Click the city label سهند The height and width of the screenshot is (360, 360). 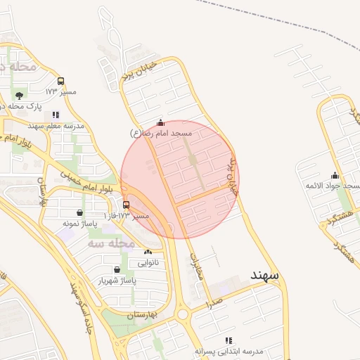click(x=264, y=275)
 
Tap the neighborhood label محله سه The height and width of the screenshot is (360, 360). click(x=111, y=243)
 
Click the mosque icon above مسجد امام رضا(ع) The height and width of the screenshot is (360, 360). click(x=160, y=122)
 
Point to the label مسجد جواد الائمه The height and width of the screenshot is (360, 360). click(x=333, y=185)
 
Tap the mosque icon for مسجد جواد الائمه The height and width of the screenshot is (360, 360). click(x=335, y=175)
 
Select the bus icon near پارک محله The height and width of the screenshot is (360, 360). click(x=61, y=81)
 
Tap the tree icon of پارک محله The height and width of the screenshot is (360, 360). click(x=18, y=95)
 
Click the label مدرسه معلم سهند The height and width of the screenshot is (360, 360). click(x=56, y=125)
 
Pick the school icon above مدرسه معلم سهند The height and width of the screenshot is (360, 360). click(x=56, y=115)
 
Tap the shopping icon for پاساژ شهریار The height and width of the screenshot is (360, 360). click(x=116, y=269)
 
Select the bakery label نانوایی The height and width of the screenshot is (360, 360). click(x=148, y=263)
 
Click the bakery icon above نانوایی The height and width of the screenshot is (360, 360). click(x=148, y=252)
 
